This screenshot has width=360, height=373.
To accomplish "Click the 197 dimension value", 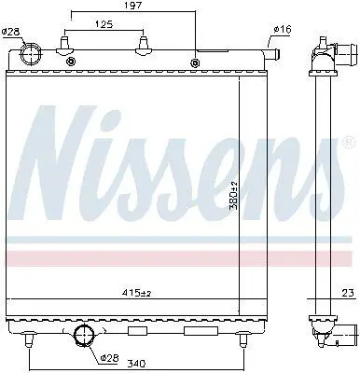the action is tap(133, 6).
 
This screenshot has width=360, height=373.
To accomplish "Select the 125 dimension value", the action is tap(104, 24).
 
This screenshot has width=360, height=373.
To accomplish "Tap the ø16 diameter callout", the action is tap(283, 30).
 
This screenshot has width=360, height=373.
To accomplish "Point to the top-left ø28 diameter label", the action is tap(10, 32).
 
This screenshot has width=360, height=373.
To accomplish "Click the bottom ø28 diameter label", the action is tap(110, 358).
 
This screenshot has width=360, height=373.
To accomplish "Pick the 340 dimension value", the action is tap(137, 363).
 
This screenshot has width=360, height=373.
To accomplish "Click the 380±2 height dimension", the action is tap(233, 195).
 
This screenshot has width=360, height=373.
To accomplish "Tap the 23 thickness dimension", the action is tap(349, 293).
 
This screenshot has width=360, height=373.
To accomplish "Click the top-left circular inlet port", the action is tap(31, 53).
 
